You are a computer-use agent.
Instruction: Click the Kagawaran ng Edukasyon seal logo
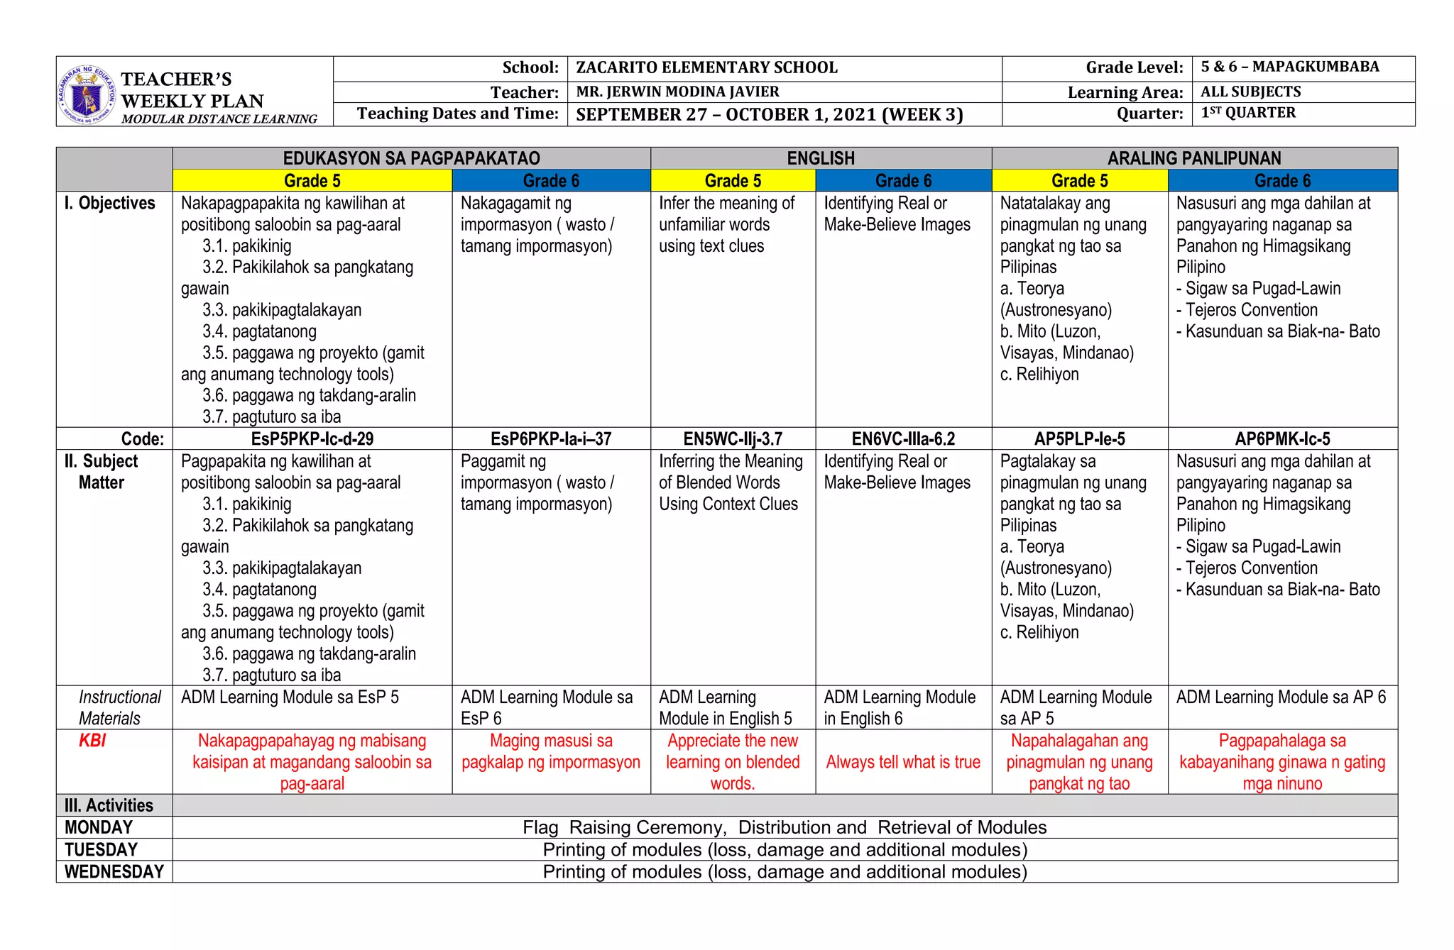tap(87, 94)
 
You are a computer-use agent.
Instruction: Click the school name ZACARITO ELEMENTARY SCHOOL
tap(706, 68)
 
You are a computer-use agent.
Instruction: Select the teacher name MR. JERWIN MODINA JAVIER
tap(677, 92)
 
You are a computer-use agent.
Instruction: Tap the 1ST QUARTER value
tap(1248, 114)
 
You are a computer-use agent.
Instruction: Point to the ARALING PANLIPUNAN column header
tap(1194, 158)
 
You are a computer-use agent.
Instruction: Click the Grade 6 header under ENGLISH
tap(903, 181)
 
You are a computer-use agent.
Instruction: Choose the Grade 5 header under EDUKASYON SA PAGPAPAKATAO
tap(312, 181)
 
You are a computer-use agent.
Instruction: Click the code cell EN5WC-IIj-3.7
tap(733, 439)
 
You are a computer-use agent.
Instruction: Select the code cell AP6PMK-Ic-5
tap(1282, 439)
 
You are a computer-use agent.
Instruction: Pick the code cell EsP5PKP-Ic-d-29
tap(312, 439)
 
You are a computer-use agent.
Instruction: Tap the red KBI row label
tap(92, 741)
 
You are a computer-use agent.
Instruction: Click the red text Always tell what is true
tap(903, 763)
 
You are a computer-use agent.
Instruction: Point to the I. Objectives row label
tap(109, 204)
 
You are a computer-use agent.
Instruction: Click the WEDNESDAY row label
tap(114, 872)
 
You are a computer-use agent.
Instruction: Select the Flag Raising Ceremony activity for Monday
tap(785, 828)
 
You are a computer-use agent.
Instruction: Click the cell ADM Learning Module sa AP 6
tap(1281, 697)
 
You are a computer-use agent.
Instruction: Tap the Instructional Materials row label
tap(119, 708)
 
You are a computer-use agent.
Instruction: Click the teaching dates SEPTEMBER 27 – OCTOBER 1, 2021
tap(769, 115)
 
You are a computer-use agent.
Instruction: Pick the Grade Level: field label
tap(1134, 68)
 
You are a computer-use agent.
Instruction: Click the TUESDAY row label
tap(101, 850)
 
